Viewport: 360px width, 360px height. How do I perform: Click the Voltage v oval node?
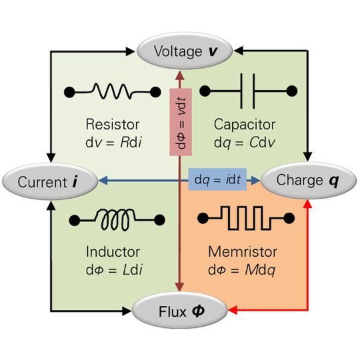click(179, 50)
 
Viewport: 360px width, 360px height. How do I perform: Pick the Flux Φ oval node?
click(179, 311)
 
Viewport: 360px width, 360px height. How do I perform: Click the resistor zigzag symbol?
click(113, 91)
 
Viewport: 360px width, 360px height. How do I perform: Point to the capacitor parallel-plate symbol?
click(247, 91)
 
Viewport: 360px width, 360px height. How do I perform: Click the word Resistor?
click(113, 123)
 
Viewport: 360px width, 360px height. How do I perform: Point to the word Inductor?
click(113, 252)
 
